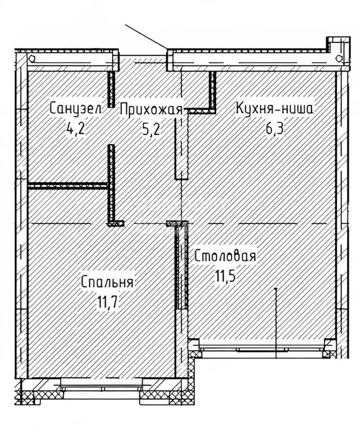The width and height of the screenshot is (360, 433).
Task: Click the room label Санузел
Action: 75,109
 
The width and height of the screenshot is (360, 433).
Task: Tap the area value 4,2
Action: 76,129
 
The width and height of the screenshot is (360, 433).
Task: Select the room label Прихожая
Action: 151,109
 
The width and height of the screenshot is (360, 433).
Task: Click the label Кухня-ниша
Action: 274,109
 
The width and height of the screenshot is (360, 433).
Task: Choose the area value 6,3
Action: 275,129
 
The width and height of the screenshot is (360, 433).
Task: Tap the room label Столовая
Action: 225,257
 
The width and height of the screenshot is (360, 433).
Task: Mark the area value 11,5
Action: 225,277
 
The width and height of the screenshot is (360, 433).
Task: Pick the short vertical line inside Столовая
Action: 275,316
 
